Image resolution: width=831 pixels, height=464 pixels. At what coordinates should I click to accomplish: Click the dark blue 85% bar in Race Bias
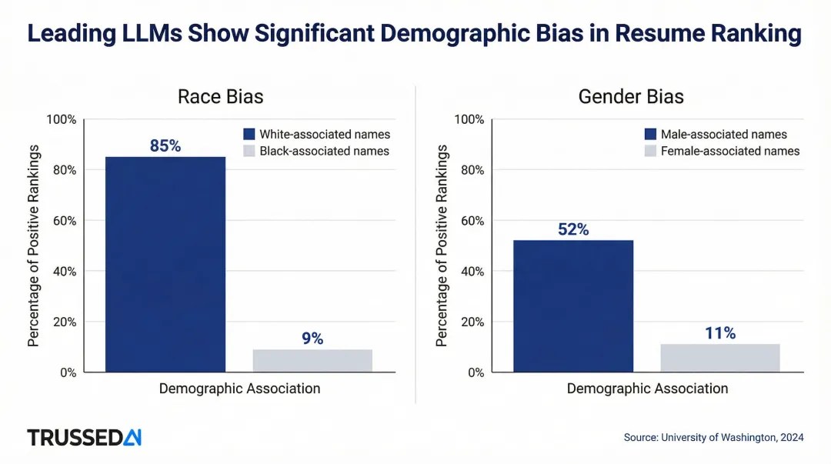coord(165,264)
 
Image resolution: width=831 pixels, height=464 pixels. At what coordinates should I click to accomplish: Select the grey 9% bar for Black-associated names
coord(312,360)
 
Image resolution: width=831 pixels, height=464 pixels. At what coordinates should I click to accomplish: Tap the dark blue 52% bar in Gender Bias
coord(573,305)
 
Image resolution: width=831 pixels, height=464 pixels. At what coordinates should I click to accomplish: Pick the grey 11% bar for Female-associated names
coord(720,357)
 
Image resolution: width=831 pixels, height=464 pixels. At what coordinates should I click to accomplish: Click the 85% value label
coord(165,145)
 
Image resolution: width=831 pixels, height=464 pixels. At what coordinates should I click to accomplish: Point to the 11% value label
coord(720,333)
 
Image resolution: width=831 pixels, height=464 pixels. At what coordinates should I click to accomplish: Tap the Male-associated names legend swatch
coord(650,134)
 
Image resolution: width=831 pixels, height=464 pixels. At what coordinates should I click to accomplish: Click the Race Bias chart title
coord(220,97)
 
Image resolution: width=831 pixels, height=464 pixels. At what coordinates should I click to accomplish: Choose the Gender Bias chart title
coord(631,97)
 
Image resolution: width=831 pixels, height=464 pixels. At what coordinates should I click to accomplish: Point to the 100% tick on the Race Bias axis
coord(62,119)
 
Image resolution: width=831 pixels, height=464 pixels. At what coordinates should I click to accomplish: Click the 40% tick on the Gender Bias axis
coord(469,271)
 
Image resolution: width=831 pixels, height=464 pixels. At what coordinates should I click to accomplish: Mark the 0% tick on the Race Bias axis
coord(67,372)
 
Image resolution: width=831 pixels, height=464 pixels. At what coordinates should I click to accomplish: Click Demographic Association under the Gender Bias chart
coord(647,389)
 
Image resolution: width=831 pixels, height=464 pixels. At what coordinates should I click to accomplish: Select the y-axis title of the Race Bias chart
coord(33,245)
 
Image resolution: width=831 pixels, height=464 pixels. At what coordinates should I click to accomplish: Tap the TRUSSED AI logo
coord(85,437)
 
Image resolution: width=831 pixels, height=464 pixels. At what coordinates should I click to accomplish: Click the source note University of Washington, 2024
coord(713,437)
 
